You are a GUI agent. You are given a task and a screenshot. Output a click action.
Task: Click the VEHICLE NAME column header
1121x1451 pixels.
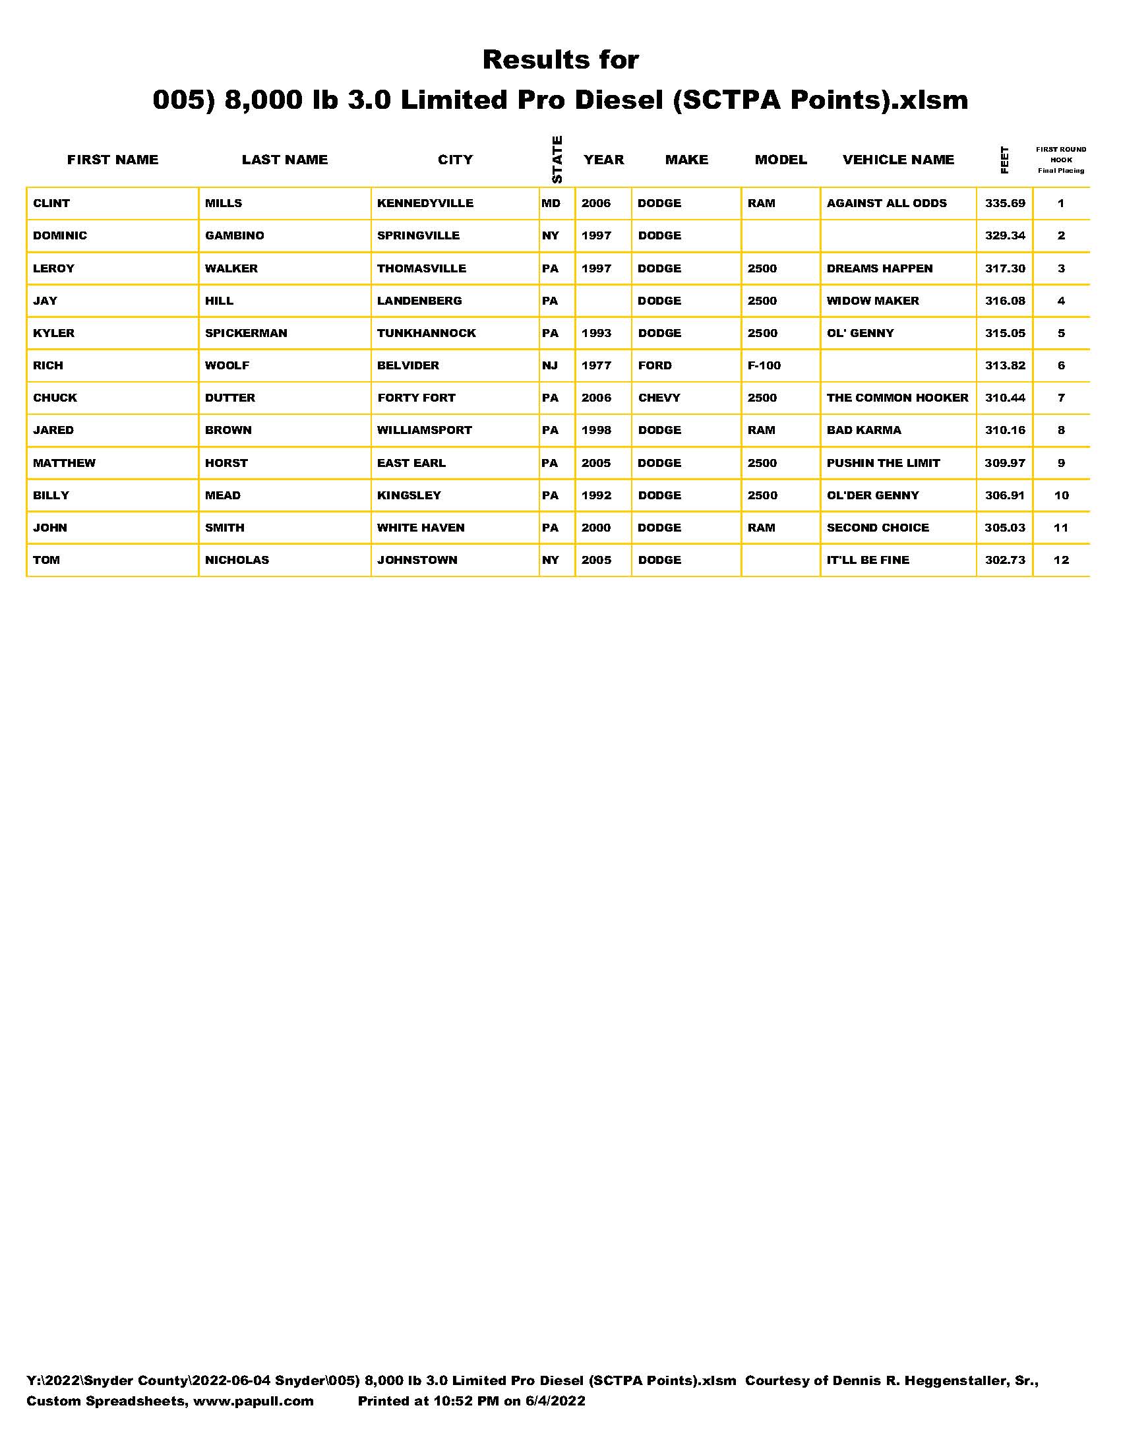click(x=898, y=160)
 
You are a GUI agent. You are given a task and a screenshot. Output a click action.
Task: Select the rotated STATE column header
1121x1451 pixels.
click(x=557, y=160)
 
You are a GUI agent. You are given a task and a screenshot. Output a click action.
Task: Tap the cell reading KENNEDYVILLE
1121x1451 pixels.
click(x=425, y=203)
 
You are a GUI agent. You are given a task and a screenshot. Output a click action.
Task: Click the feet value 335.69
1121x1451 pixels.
click(x=1005, y=203)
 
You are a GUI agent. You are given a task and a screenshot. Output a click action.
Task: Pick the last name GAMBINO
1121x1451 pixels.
click(x=235, y=236)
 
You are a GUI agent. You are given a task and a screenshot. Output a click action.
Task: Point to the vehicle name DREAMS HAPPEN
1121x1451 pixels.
click(x=879, y=268)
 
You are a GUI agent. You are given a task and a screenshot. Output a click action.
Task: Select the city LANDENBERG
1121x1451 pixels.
click(x=419, y=301)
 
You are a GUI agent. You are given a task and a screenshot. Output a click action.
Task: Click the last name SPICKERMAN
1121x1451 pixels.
click(x=246, y=333)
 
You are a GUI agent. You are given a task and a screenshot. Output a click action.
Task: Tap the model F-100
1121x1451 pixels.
click(x=764, y=365)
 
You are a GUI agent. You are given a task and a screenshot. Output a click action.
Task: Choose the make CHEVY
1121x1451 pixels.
click(x=659, y=398)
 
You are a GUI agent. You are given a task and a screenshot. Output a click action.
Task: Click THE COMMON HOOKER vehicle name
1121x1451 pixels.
click(x=897, y=398)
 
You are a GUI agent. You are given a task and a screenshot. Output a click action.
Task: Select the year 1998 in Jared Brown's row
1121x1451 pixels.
click(x=595, y=430)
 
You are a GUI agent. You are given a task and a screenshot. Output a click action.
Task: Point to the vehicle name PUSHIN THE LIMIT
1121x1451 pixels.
click(x=882, y=463)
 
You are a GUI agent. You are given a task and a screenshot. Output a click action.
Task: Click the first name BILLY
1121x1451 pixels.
click(x=51, y=495)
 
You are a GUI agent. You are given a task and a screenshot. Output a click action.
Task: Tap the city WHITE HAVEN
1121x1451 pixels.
click(x=421, y=528)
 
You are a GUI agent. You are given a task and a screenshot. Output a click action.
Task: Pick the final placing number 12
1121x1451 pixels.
click(x=1061, y=560)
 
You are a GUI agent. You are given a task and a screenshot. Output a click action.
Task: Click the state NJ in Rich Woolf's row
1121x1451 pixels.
click(x=550, y=365)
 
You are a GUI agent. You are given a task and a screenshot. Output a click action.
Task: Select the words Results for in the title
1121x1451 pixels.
click(x=560, y=60)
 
